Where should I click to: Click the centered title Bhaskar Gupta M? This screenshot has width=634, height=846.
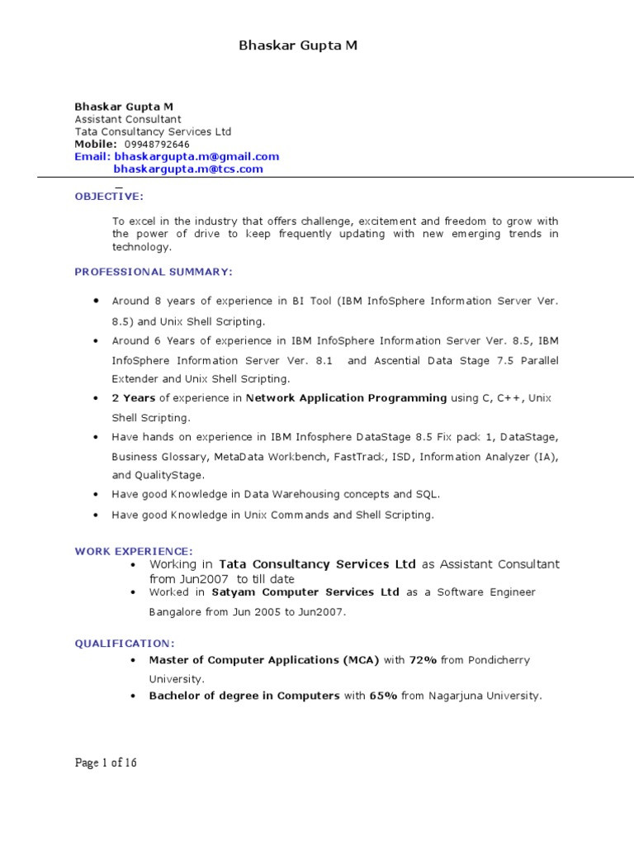coord(298,46)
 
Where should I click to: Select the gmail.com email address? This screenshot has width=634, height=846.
coord(196,156)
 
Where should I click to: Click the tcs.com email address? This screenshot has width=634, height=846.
coord(188,169)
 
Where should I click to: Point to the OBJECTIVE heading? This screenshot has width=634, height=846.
coord(109,196)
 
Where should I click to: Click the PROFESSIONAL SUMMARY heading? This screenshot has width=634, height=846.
coord(154,271)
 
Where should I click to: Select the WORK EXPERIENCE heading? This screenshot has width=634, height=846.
coord(134,551)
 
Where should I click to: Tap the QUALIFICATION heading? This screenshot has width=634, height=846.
coord(125,643)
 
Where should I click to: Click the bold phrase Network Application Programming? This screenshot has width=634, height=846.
coord(346,398)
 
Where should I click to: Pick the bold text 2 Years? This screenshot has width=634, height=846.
coord(134,398)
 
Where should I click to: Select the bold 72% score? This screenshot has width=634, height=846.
coord(423,660)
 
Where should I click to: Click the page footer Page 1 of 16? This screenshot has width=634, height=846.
coord(106,763)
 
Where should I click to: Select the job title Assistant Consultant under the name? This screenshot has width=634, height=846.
coord(128,119)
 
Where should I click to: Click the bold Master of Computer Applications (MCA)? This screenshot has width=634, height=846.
coord(264,660)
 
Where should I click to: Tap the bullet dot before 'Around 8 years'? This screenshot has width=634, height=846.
coord(97,302)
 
